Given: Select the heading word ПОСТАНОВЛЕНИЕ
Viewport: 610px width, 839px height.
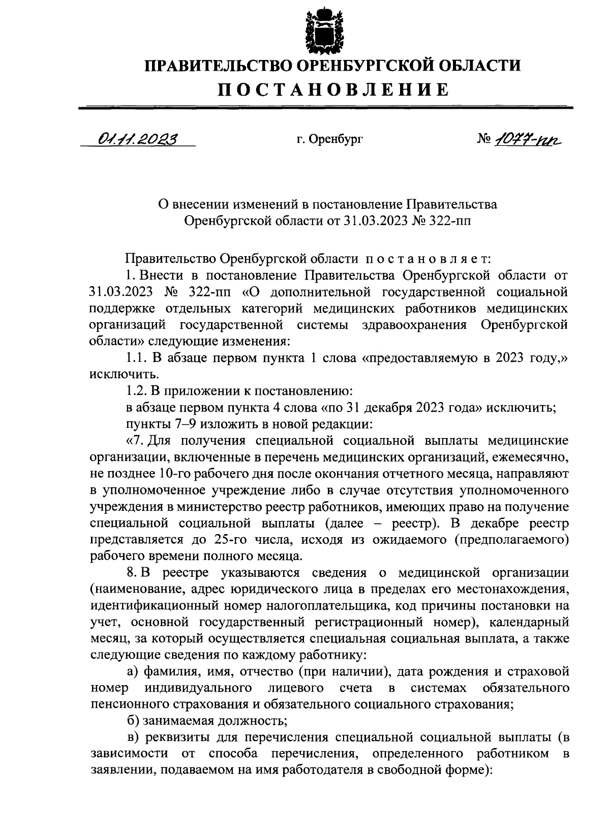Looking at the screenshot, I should coord(334,89).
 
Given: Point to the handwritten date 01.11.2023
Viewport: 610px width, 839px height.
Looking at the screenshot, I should coord(135,139).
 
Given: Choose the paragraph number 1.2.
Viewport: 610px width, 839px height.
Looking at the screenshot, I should coord(137,391).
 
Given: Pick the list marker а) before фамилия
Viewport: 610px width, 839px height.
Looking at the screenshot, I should coord(133,672).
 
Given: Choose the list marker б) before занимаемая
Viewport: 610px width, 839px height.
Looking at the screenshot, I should coord(133,721).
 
